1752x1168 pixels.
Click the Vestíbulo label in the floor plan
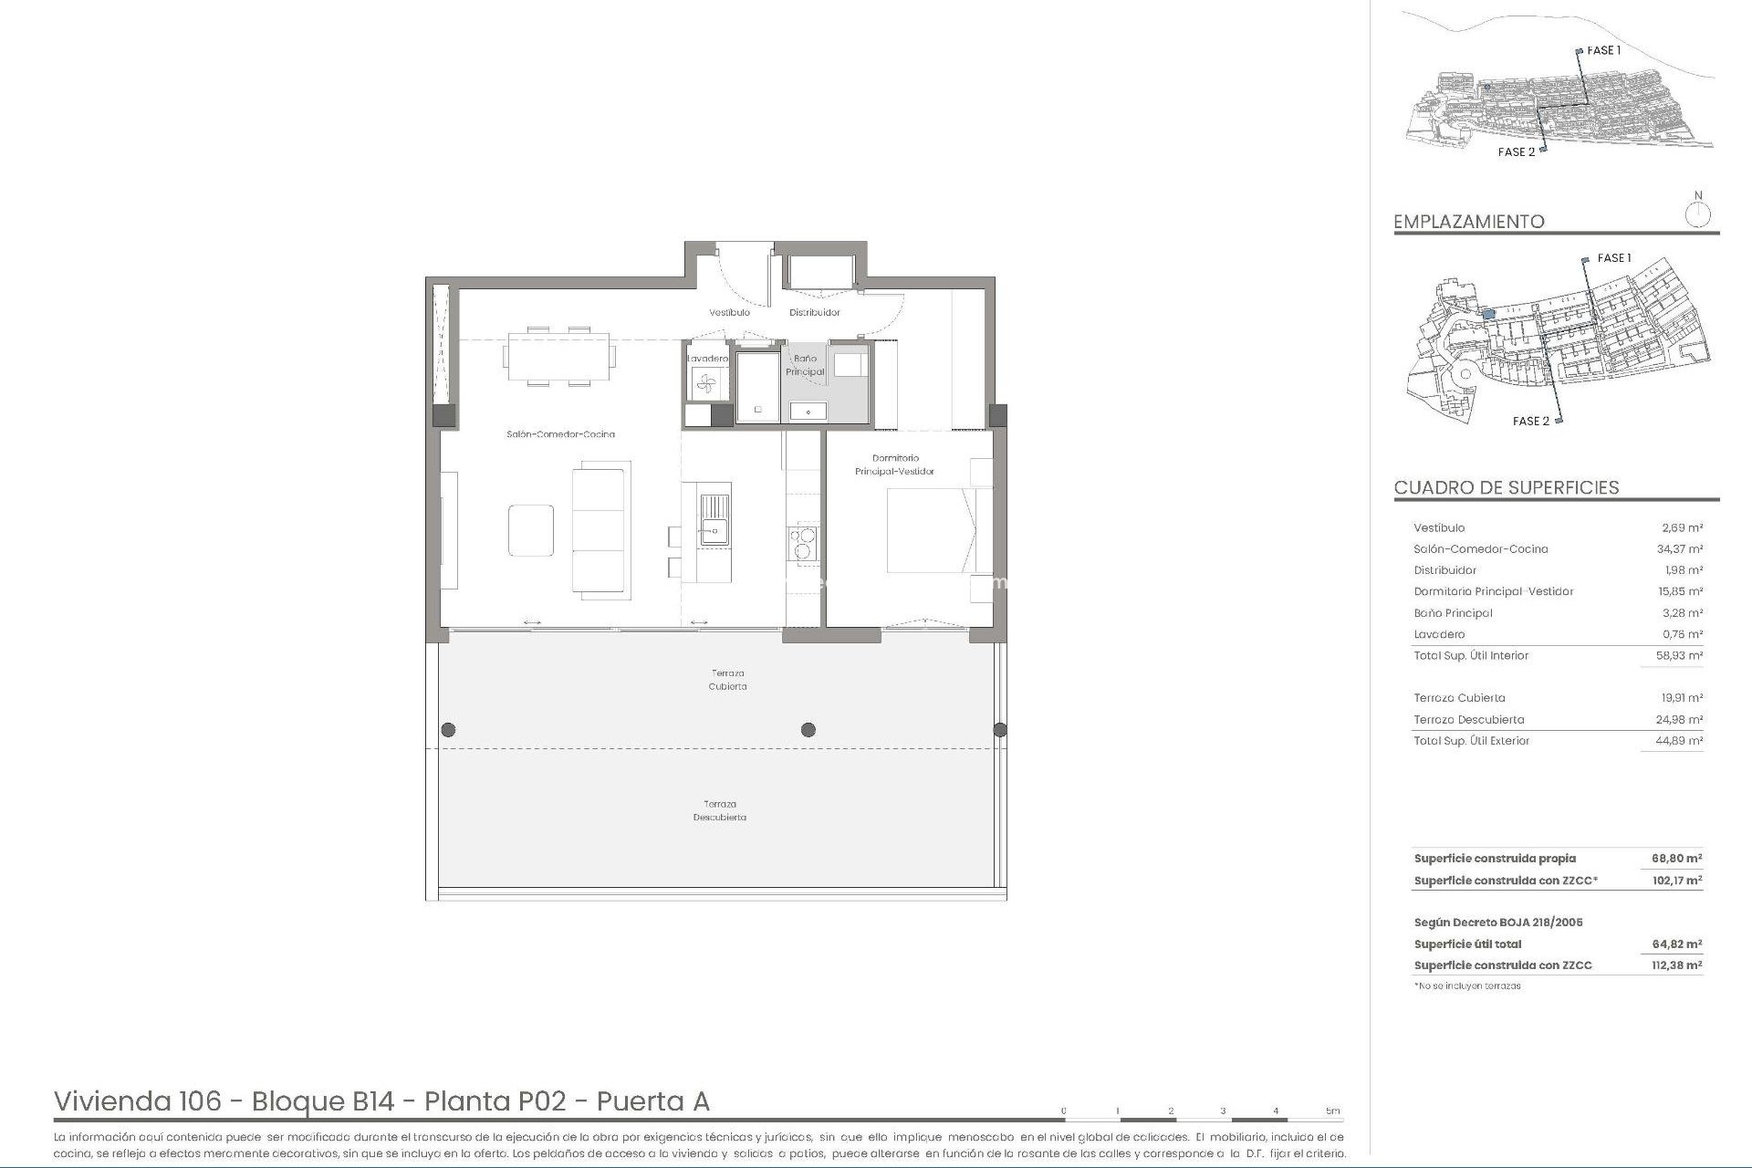click(729, 313)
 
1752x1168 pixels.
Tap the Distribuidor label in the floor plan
click(814, 313)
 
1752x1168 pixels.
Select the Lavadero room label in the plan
click(707, 359)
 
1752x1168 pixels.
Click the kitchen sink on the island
click(714, 519)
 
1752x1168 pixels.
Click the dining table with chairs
click(558, 356)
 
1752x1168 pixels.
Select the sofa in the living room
click(600, 529)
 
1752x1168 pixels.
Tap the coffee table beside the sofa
click(531, 530)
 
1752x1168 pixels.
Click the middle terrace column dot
click(808, 730)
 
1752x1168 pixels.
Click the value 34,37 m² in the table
click(1680, 549)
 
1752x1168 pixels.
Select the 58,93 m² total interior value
click(1680, 656)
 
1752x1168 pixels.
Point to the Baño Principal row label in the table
click(1453, 613)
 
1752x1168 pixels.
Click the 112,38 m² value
click(1676, 965)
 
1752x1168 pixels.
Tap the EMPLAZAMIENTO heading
click(1468, 222)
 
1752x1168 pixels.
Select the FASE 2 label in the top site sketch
click(1516, 152)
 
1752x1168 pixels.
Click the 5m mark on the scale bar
click(1333, 1111)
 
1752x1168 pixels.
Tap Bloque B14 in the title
click(322, 1101)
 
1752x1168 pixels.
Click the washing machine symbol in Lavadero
click(707, 385)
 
